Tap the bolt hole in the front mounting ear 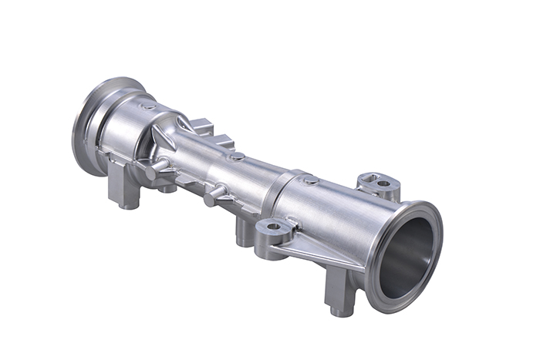[272, 227]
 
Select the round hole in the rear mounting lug [383, 183]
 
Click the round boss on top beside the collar [311, 180]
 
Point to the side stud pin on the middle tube [214, 193]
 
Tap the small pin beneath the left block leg [126, 205]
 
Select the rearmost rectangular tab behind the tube [202, 124]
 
